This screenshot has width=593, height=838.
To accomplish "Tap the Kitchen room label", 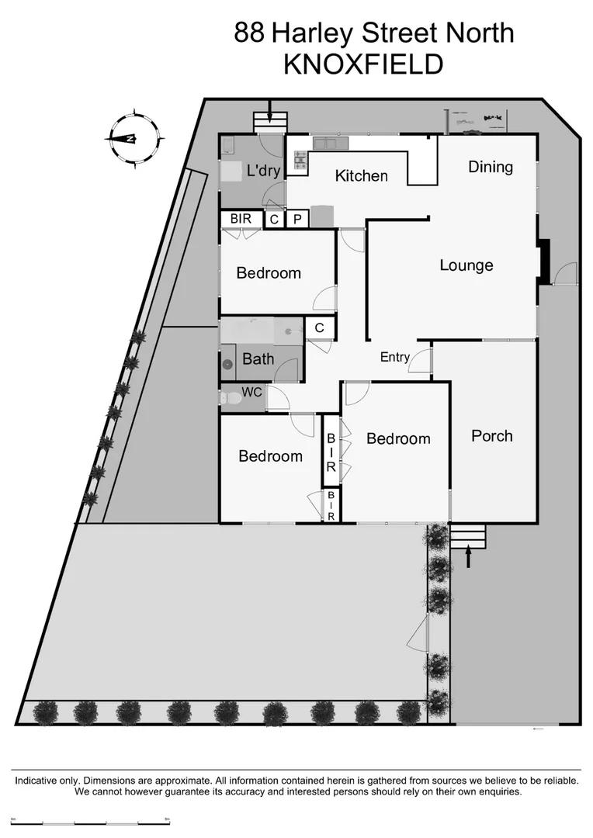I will tap(361, 176).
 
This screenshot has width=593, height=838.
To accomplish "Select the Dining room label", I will tap(491, 167).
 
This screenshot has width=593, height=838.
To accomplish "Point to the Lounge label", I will tap(466, 265).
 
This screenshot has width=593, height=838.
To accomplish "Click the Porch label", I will tap(492, 436).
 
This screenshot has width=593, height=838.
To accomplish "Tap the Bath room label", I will tap(258, 359).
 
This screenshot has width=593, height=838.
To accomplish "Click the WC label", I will tap(251, 393).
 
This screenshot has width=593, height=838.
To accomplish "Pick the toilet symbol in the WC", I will tap(231, 399).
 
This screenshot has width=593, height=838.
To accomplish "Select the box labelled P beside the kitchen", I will tap(296, 220).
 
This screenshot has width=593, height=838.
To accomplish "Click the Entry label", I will tap(394, 357).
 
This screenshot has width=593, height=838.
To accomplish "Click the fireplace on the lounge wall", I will tap(544, 261).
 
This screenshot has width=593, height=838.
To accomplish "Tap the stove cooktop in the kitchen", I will tap(300, 161).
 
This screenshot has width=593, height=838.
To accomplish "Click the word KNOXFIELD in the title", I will tap(363, 64).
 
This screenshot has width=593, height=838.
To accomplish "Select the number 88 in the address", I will tap(250, 33).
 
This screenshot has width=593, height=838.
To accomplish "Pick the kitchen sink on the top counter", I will tap(324, 144).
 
